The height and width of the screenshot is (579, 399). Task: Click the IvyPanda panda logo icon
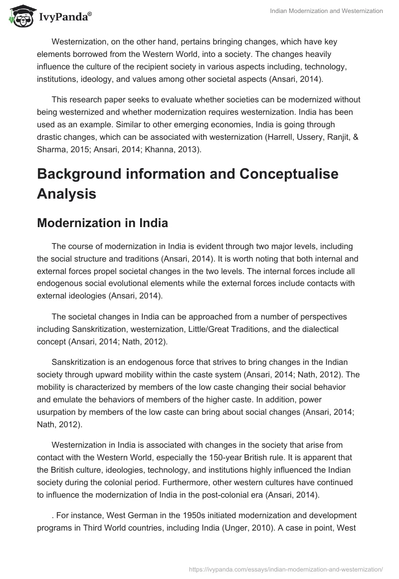point(18,16)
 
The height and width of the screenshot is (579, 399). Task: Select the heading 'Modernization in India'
point(102,223)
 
